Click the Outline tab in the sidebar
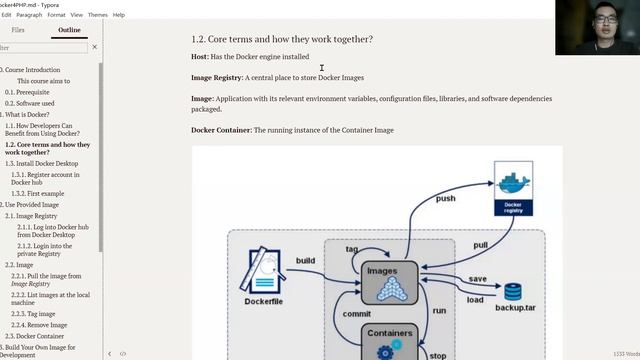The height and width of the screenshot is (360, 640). coord(69,30)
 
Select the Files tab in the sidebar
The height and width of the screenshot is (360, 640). coord(18,30)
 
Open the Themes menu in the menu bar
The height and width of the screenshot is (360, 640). coord(97,15)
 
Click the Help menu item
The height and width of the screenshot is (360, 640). coord(119,15)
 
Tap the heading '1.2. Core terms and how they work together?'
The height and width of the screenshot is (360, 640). coord(282,39)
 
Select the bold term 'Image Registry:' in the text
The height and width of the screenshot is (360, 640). coord(217,78)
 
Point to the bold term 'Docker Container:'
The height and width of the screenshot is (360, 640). coord(221,130)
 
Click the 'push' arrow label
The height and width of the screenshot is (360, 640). coord(446,199)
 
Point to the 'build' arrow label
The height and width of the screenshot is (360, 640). coord(305,260)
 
